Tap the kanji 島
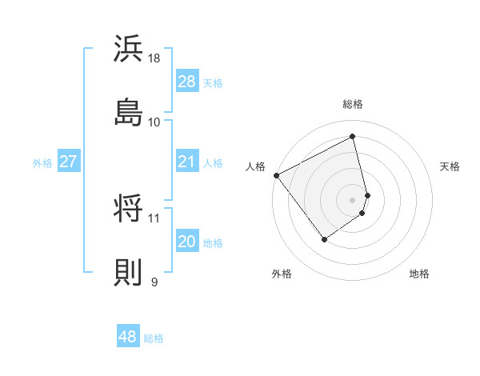[x=129, y=111]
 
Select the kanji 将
[x=129, y=210]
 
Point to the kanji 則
[x=129, y=272]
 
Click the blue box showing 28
[x=187, y=82]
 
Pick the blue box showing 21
[x=187, y=162]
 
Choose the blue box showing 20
[x=187, y=242]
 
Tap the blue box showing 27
[x=68, y=162]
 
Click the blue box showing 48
[x=128, y=337]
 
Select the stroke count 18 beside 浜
[x=155, y=58]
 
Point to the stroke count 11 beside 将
[x=154, y=218]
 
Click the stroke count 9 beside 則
[x=154, y=281]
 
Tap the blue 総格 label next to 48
[x=154, y=338]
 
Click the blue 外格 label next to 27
[x=42, y=163]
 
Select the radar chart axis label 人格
[x=256, y=166]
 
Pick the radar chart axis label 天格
[x=450, y=166]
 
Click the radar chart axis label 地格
[x=419, y=274]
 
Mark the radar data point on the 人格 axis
[x=276, y=175]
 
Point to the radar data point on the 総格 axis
[x=353, y=137]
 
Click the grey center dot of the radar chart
[x=353, y=199]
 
